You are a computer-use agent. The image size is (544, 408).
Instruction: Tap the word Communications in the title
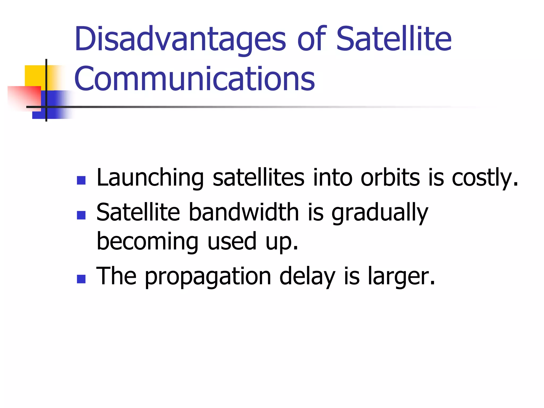(x=194, y=79)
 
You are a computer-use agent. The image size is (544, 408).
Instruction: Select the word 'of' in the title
(x=311, y=39)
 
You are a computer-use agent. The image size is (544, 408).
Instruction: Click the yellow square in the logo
(x=35, y=75)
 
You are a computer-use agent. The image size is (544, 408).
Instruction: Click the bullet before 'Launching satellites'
(x=81, y=180)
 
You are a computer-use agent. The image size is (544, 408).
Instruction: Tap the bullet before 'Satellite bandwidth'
(x=81, y=215)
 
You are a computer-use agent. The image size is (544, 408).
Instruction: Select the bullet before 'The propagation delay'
(x=81, y=279)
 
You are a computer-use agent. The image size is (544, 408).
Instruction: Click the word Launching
(x=150, y=178)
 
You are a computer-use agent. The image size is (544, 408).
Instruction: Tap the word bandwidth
(x=244, y=212)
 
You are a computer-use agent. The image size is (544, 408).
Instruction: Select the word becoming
(x=147, y=242)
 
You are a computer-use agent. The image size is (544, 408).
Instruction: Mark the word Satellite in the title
(x=394, y=39)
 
